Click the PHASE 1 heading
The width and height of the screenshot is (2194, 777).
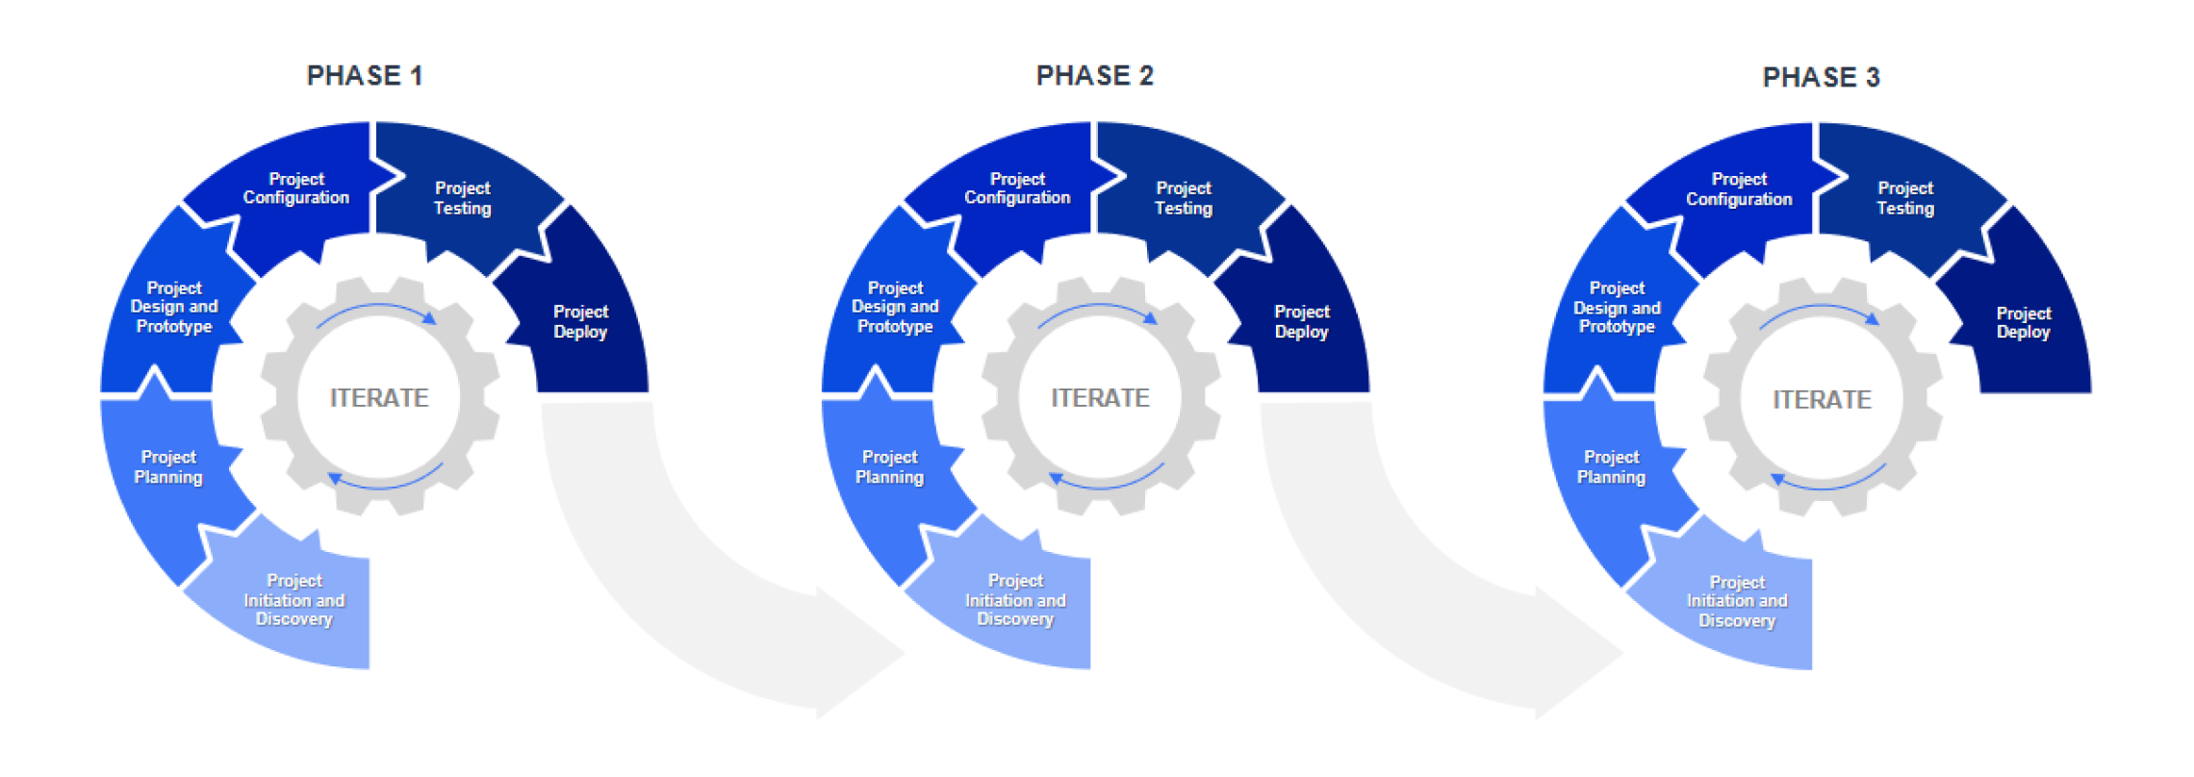click(x=364, y=76)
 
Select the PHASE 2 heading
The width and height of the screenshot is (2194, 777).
click(x=1094, y=76)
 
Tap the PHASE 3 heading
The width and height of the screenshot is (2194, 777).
click(x=1821, y=77)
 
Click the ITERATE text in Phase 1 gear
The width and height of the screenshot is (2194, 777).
click(x=379, y=397)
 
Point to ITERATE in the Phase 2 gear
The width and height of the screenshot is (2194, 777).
click(x=1100, y=397)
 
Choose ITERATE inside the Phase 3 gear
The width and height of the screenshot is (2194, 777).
click(x=1822, y=399)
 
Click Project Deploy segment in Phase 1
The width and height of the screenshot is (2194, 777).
click(x=580, y=322)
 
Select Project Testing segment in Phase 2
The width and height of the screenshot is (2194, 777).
click(x=1184, y=198)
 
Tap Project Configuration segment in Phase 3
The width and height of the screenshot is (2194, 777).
click(x=1739, y=189)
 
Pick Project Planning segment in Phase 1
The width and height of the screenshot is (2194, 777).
click(x=168, y=467)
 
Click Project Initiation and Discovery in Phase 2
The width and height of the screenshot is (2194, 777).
click(x=1015, y=600)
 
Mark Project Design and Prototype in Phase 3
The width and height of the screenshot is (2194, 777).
click(x=1617, y=308)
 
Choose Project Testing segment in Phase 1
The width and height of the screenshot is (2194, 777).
click(x=463, y=198)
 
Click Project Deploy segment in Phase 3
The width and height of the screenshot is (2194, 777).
click(x=2023, y=323)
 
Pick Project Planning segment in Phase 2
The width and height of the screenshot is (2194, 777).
click(x=889, y=467)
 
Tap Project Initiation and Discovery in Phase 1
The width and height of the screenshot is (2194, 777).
click(x=293, y=600)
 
